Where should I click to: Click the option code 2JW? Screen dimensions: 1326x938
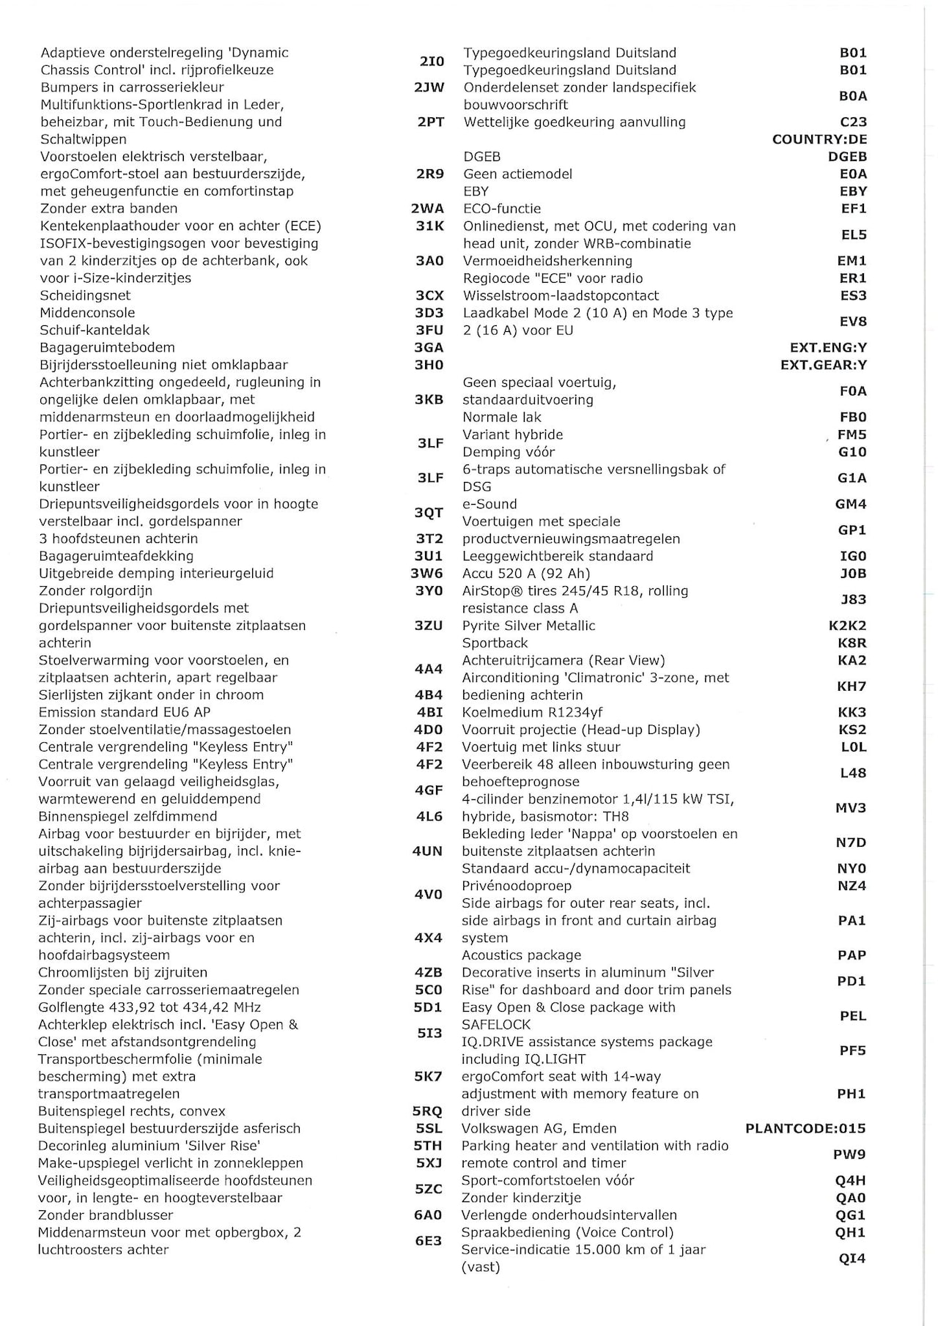coord(429,87)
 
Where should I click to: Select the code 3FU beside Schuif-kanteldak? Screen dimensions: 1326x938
coord(429,330)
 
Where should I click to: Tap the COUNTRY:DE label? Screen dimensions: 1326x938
coord(819,139)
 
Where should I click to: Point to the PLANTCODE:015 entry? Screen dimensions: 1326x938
coord(805,1128)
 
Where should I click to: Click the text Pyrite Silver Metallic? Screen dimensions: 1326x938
coord(528,626)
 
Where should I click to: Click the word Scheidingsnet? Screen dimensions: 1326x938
coord(86,295)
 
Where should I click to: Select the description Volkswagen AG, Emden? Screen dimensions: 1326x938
coord(539,1128)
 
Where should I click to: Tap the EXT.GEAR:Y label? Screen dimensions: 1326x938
coord(823,365)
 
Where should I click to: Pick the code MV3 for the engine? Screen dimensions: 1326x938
coord(851,808)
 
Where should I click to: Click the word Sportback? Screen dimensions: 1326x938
coord(495,642)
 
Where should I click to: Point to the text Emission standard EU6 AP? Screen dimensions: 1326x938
coord(125,712)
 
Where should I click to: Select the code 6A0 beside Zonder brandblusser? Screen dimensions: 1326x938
coord(428,1215)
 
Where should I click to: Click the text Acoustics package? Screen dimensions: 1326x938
coord(521,955)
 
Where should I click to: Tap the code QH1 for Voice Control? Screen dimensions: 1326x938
coord(850,1232)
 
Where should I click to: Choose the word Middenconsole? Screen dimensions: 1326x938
coord(87,313)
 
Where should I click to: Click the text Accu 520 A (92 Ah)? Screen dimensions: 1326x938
coord(525,574)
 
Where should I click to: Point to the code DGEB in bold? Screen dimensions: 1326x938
coord(847,157)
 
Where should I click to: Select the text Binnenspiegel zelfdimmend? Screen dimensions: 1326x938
coord(128,816)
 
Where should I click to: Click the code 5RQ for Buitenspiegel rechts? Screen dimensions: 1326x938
coord(428,1111)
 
